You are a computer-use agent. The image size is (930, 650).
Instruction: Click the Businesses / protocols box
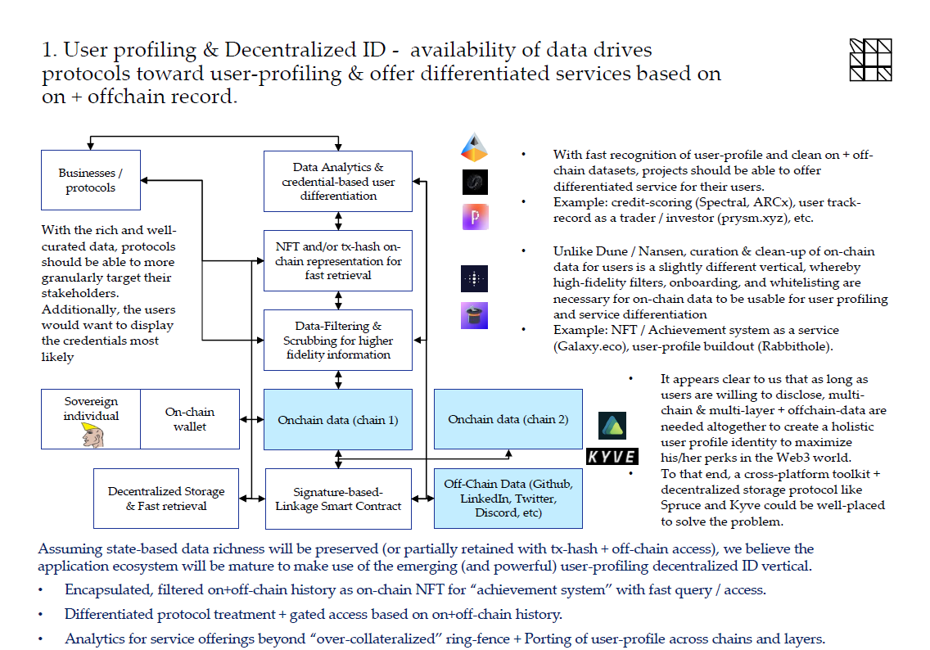pos(91,180)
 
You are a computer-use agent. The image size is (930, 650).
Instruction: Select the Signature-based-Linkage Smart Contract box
pos(338,499)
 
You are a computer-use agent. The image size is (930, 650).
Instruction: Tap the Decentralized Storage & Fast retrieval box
pos(166,499)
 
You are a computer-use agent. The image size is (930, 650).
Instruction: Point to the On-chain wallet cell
pos(190,419)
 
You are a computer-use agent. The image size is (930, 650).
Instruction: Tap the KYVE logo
pos(612,456)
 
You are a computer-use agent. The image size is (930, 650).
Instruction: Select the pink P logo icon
pos(475,216)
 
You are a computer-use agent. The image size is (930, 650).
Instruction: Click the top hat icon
pos(475,315)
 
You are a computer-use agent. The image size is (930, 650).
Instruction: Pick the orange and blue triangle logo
pos(474,147)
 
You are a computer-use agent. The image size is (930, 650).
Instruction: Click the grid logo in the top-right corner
pos(870,60)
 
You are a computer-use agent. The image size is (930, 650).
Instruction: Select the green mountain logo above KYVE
pos(612,426)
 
